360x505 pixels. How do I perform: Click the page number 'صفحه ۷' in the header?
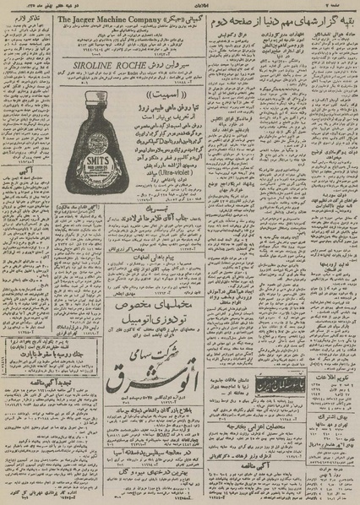coord(341,5)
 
